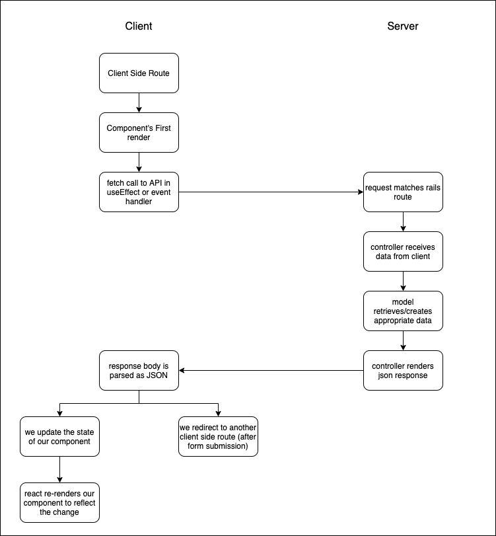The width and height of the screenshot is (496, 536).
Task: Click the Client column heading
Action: coord(139,26)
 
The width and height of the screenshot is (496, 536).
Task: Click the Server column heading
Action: coord(402,26)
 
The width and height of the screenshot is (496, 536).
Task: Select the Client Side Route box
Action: coord(139,73)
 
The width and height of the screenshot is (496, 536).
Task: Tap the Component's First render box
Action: coord(139,132)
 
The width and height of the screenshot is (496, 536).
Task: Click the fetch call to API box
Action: coord(139,192)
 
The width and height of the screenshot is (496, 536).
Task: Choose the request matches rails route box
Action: coord(403,192)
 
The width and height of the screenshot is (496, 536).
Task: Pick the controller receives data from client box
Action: coord(403,251)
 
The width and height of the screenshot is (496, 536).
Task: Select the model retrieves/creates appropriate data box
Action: coord(403,311)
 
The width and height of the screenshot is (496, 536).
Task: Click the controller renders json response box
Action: coord(403,370)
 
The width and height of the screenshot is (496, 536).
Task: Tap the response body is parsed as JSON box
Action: coord(139,370)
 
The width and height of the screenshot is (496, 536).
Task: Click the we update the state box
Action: coord(59,436)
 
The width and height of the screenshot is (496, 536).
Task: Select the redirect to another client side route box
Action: coord(218,436)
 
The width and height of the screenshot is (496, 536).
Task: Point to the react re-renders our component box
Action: coord(59,502)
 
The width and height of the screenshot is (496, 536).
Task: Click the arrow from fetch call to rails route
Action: coord(271,192)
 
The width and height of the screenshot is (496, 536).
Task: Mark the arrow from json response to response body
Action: coord(271,370)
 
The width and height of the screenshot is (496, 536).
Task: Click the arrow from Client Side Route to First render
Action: coord(139,102)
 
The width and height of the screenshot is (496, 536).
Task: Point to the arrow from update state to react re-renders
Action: coord(59,469)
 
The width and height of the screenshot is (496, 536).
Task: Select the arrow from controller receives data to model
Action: coord(403,281)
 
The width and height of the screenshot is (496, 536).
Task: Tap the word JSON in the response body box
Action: coord(157,375)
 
